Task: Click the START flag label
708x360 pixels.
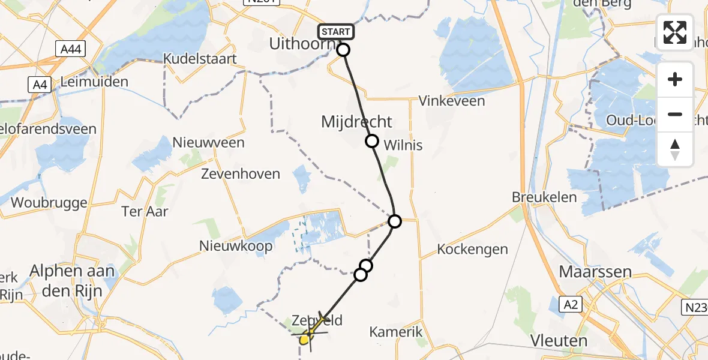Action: coord(335,31)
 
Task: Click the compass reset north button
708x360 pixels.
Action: coord(675,149)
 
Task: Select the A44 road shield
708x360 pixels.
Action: coord(72,49)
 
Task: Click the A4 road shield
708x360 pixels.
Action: coord(40,85)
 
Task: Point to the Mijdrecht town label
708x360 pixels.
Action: coord(356,122)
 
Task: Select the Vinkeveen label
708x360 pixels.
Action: coord(452,101)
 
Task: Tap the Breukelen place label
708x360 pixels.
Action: coord(544,197)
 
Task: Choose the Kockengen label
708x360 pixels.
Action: coord(472,249)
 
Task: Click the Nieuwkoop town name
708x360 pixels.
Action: coord(236,245)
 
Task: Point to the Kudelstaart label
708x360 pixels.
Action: coord(200,59)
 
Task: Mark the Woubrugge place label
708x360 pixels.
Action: coord(49,202)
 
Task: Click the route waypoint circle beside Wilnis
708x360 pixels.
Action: coord(372,141)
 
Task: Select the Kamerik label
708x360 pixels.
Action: coord(396,331)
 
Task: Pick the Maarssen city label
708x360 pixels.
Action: coord(595,272)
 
